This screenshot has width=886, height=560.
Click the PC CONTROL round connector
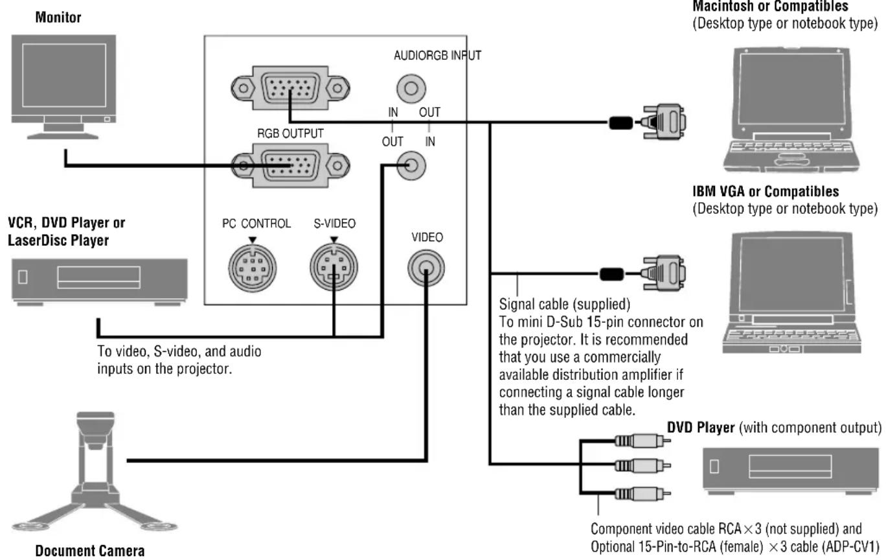[x=253, y=268]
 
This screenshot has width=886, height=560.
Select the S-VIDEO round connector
[x=334, y=268]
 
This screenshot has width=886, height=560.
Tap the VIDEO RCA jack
[x=426, y=268]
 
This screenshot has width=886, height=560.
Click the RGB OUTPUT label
[x=290, y=134]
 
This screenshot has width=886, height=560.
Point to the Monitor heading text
[x=58, y=17]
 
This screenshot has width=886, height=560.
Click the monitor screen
[x=64, y=75]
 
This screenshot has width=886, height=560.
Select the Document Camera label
[x=90, y=550]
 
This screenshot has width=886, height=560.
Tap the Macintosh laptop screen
[x=791, y=88]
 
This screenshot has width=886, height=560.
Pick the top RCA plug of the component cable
[x=642, y=441]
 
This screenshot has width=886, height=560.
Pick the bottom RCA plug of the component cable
[x=642, y=493]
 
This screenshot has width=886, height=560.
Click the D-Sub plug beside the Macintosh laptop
[x=664, y=121]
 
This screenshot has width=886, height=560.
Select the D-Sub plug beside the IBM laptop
[x=664, y=273]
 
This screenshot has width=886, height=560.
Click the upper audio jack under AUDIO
[x=411, y=88]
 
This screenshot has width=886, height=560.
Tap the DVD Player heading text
[x=701, y=427]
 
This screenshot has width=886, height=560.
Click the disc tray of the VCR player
[x=98, y=277]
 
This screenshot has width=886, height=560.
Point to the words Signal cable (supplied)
[x=564, y=305]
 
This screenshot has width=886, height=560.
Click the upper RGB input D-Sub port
[x=290, y=88]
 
